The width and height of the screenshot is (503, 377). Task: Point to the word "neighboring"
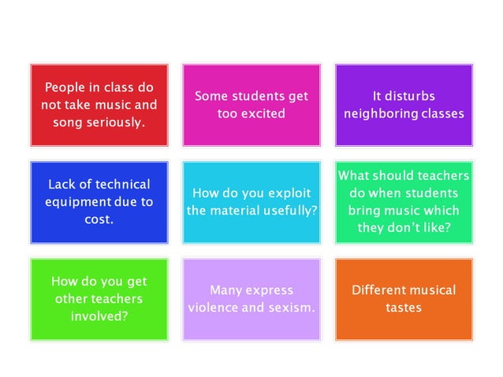[x=382, y=114]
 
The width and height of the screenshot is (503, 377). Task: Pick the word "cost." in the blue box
[x=99, y=219]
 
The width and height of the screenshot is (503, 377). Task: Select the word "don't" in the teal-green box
[x=412, y=228]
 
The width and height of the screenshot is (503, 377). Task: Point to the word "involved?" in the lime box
[x=99, y=315]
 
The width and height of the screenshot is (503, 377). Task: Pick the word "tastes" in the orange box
[x=404, y=308]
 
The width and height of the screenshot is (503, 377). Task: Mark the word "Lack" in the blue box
[x=62, y=185]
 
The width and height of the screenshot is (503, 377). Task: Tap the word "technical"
[x=121, y=185]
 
